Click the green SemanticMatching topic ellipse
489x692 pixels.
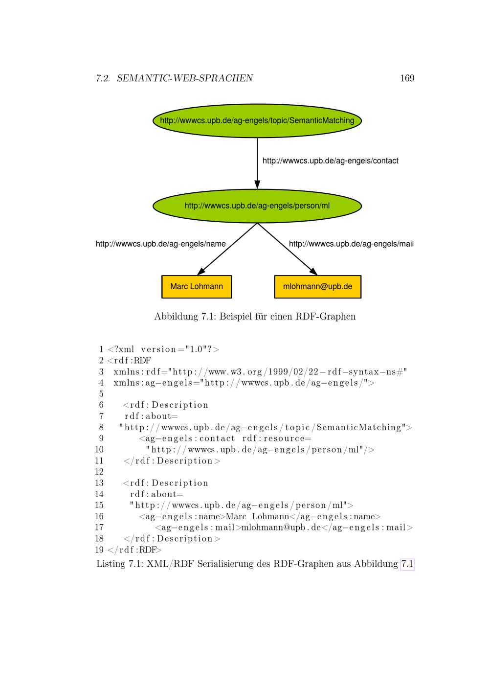pos(257,120)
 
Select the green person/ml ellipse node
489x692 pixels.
pos(257,206)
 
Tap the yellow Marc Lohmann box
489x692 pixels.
pos(197,287)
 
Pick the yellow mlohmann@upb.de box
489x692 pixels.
pos(318,287)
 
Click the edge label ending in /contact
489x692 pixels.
pos(331,161)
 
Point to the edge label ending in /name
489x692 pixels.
pos(161,244)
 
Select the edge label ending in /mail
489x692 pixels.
pos(351,244)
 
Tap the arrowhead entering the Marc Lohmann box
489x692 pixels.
pos(201,272)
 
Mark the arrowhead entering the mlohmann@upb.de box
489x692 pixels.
pos(313,272)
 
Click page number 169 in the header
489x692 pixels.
pos(407,78)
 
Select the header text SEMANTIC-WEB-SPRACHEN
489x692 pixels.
pos(185,78)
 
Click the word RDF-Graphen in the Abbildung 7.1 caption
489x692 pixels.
pos(325,316)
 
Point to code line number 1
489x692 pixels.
pos(101,349)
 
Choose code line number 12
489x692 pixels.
pos(99,472)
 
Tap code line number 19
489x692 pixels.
pos(99,550)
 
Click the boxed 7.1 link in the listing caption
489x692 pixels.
pos(407,564)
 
